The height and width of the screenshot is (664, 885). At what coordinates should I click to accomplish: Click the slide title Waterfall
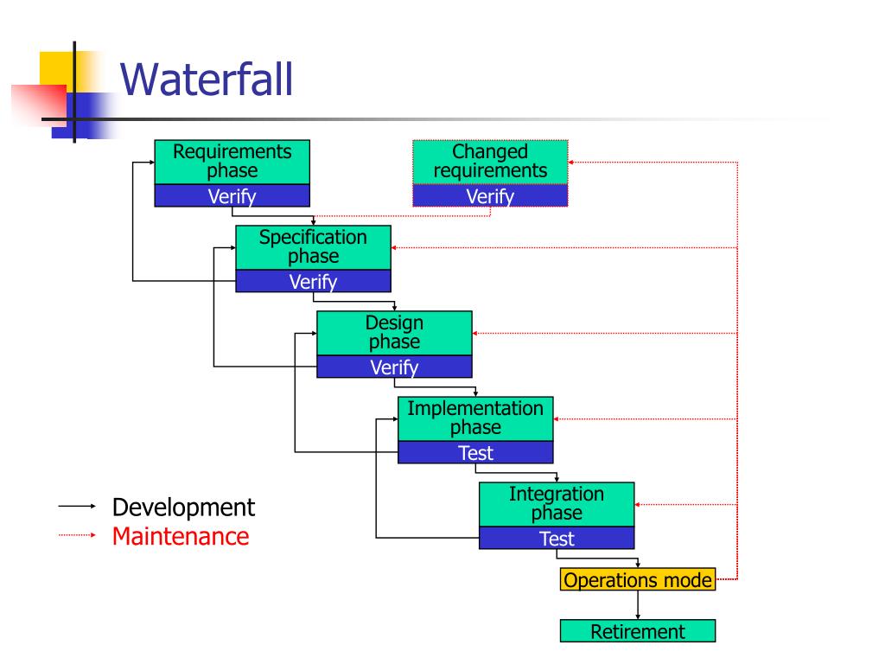click(x=207, y=80)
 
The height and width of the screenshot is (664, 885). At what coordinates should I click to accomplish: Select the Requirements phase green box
click(x=232, y=162)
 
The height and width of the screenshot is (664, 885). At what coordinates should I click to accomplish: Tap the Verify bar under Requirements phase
click(x=232, y=196)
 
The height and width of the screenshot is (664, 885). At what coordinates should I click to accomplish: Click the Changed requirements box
click(x=490, y=162)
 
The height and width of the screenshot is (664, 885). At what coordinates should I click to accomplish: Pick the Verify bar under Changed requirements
click(x=490, y=196)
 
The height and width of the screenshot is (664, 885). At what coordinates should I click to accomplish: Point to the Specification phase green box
click(x=313, y=247)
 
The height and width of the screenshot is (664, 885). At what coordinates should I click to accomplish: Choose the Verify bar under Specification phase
click(x=313, y=282)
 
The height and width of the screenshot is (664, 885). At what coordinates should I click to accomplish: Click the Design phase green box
click(x=394, y=333)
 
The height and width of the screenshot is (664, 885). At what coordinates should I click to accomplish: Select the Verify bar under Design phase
click(x=394, y=367)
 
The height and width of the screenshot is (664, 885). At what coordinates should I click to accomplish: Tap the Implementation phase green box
click(x=475, y=418)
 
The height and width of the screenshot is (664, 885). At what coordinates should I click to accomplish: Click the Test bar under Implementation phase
click(x=475, y=452)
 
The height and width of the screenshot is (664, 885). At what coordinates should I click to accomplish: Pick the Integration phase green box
click(x=557, y=503)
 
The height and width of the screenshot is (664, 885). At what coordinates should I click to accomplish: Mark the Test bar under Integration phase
click(x=557, y=539)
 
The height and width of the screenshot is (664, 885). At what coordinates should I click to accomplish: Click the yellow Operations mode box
click(x=638, y=580)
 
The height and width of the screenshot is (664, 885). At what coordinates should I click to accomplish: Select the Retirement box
click(x=638, y=631)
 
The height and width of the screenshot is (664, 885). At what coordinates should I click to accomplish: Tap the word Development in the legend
click(x=183, y=507)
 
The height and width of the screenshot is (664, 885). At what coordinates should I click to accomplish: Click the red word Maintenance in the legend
click(x=180, y=536)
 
